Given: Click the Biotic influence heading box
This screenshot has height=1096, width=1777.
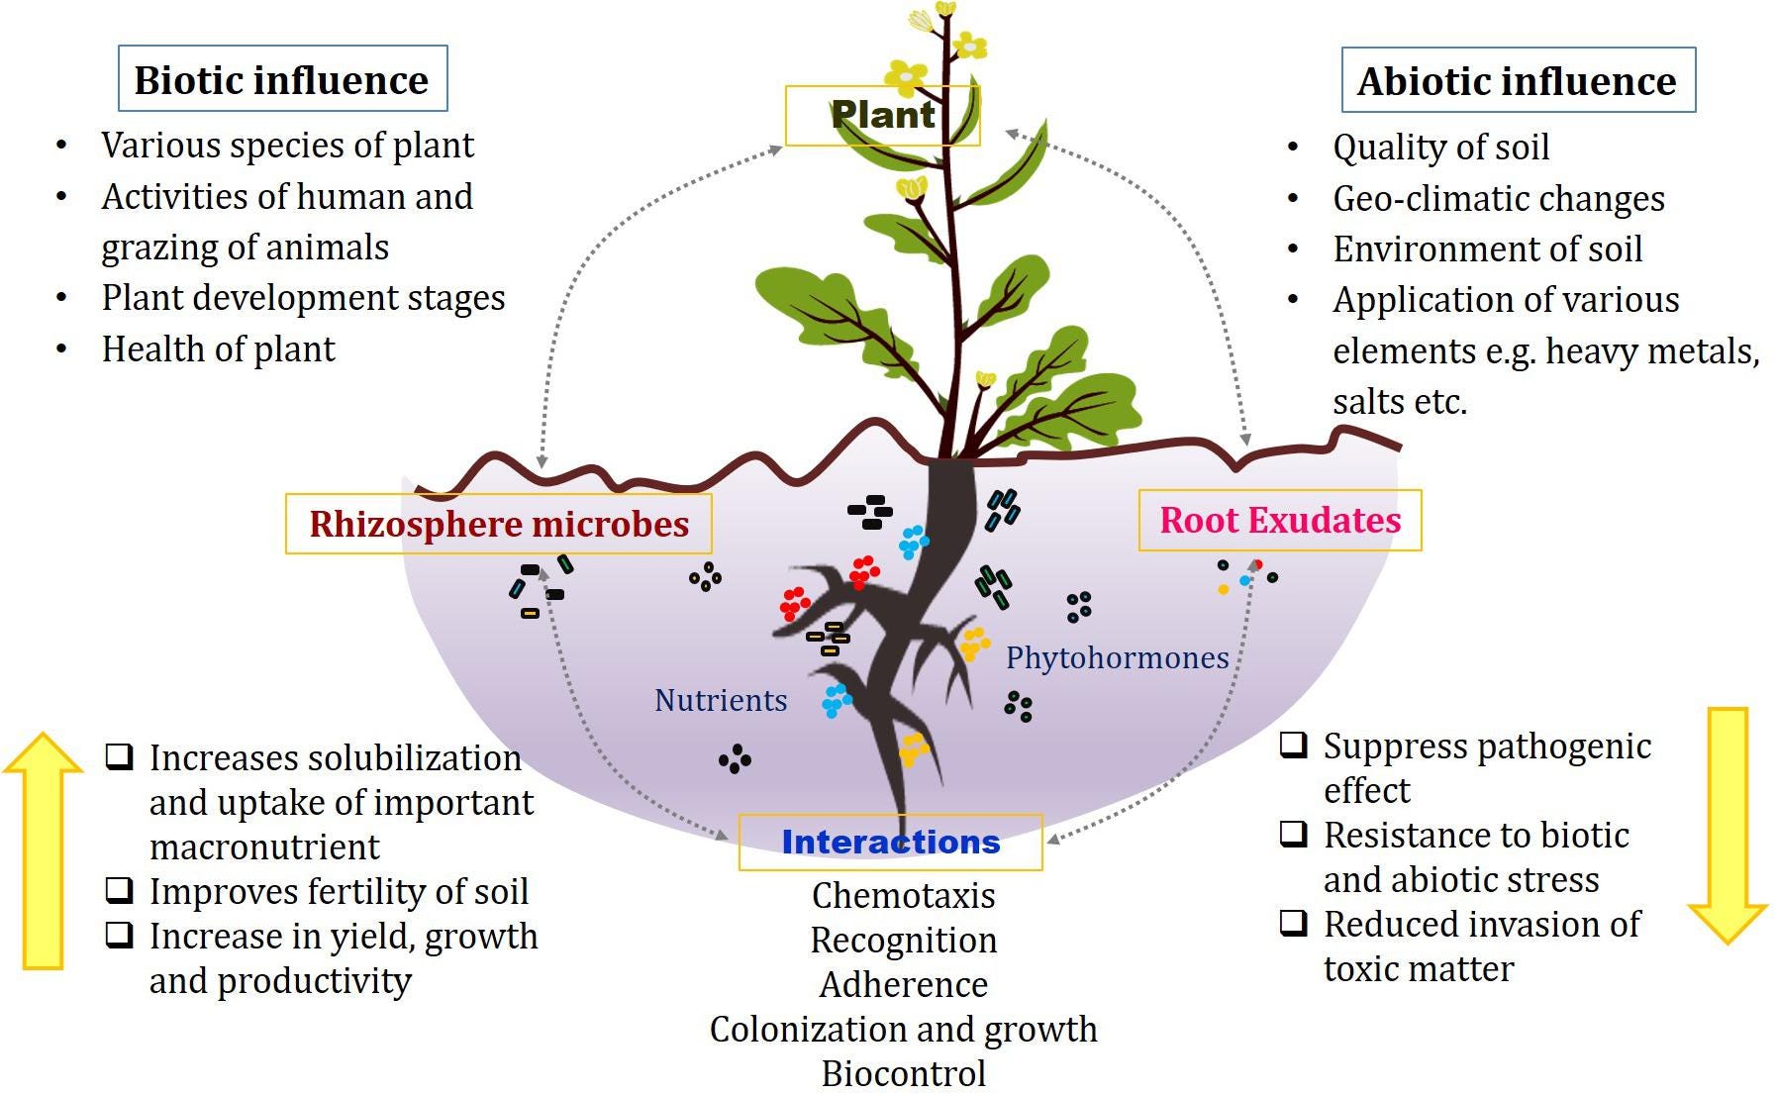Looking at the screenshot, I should coord(282,79).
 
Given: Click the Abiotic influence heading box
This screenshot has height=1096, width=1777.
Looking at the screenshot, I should coord(1517,80).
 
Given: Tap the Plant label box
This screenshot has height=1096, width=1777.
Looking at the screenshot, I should coord(882,115).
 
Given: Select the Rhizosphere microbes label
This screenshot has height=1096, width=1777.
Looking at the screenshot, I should coord(499,524).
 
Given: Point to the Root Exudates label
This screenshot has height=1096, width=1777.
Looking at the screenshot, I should coord(1280,521).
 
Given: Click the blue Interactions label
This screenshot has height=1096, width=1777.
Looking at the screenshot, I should coord(890,843).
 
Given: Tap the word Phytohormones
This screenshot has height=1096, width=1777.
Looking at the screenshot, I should coord(1117,658).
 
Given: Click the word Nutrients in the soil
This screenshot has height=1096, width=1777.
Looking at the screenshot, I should coord(721,701).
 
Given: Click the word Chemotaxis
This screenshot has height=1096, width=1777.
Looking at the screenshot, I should coord(903,896).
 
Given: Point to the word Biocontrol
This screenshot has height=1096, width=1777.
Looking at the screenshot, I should coord(903,1074).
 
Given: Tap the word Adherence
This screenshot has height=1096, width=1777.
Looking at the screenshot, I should coord(903,985).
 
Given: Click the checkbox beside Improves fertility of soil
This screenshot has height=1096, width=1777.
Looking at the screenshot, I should coord(120,890).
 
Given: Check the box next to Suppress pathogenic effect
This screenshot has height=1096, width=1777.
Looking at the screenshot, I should coord(1294,745).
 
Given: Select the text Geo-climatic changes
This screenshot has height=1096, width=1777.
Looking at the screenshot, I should coord(1498,199).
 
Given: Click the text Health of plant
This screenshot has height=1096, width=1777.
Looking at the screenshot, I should coord(219,349).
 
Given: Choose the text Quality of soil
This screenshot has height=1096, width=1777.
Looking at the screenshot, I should coord(1440,148).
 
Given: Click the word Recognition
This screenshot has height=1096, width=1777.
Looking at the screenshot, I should coord(903,941).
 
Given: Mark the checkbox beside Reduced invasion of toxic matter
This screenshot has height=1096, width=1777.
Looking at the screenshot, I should coord(1294,923).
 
